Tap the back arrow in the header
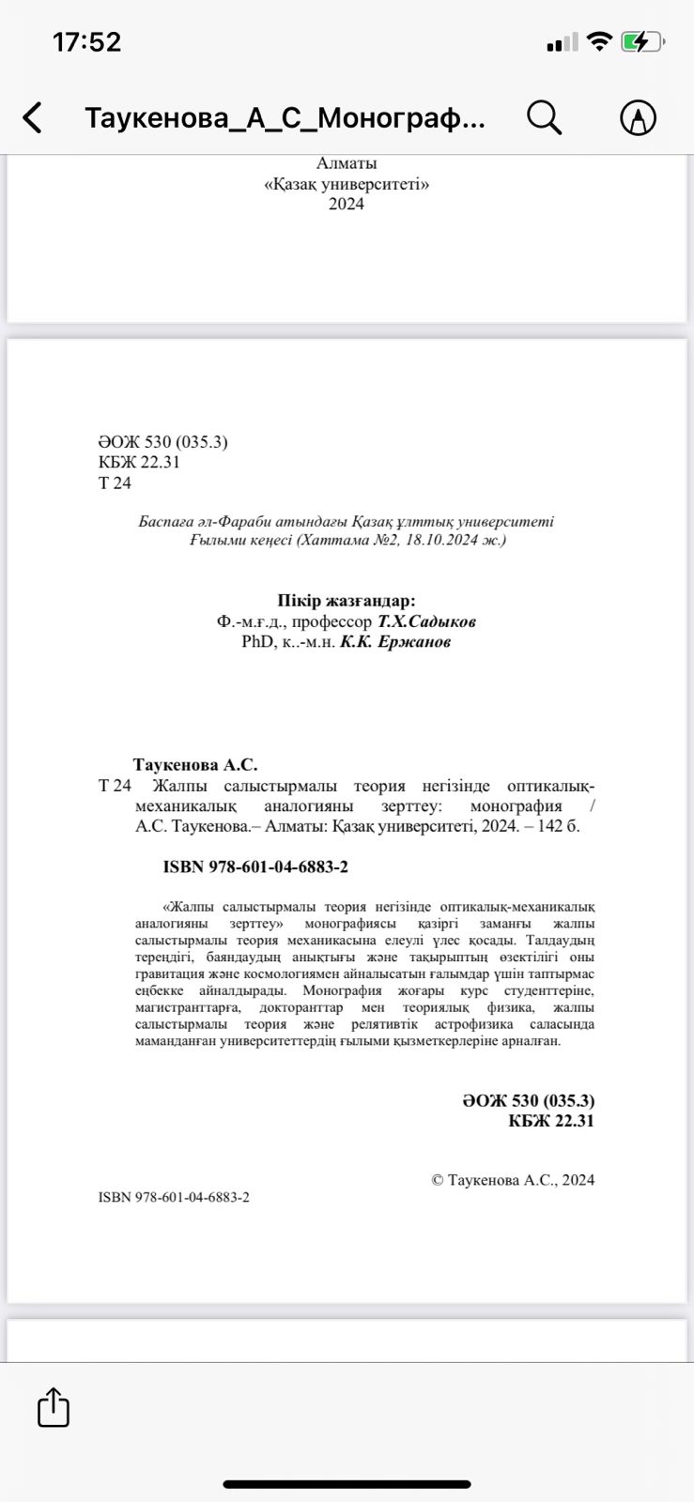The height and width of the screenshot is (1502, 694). [33, 118]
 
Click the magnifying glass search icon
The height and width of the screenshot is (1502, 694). [544, 118]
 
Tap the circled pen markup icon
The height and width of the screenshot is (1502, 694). [639, 118]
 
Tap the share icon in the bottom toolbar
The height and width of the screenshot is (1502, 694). [54, 1407]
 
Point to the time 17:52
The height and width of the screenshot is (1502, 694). [87, 42]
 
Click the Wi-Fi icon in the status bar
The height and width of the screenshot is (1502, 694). [598, 42]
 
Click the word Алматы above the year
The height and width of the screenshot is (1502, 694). [347, 163]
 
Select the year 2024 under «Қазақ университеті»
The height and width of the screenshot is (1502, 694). [347, 204]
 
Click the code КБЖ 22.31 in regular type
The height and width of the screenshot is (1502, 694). [139, 462]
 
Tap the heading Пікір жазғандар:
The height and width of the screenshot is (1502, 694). [347, 601]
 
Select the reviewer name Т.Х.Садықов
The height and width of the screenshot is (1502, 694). [426, 621]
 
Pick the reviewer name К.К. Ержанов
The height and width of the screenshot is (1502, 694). [394, 642]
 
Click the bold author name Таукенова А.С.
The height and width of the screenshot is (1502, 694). [195, 765]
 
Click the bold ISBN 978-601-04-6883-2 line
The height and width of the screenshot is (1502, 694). [255, 866]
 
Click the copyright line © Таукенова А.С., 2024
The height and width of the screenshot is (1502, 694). [513, 1180]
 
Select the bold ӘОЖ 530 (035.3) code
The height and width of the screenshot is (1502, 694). [528, 1100]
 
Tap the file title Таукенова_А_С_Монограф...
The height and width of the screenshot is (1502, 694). [285, 118]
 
